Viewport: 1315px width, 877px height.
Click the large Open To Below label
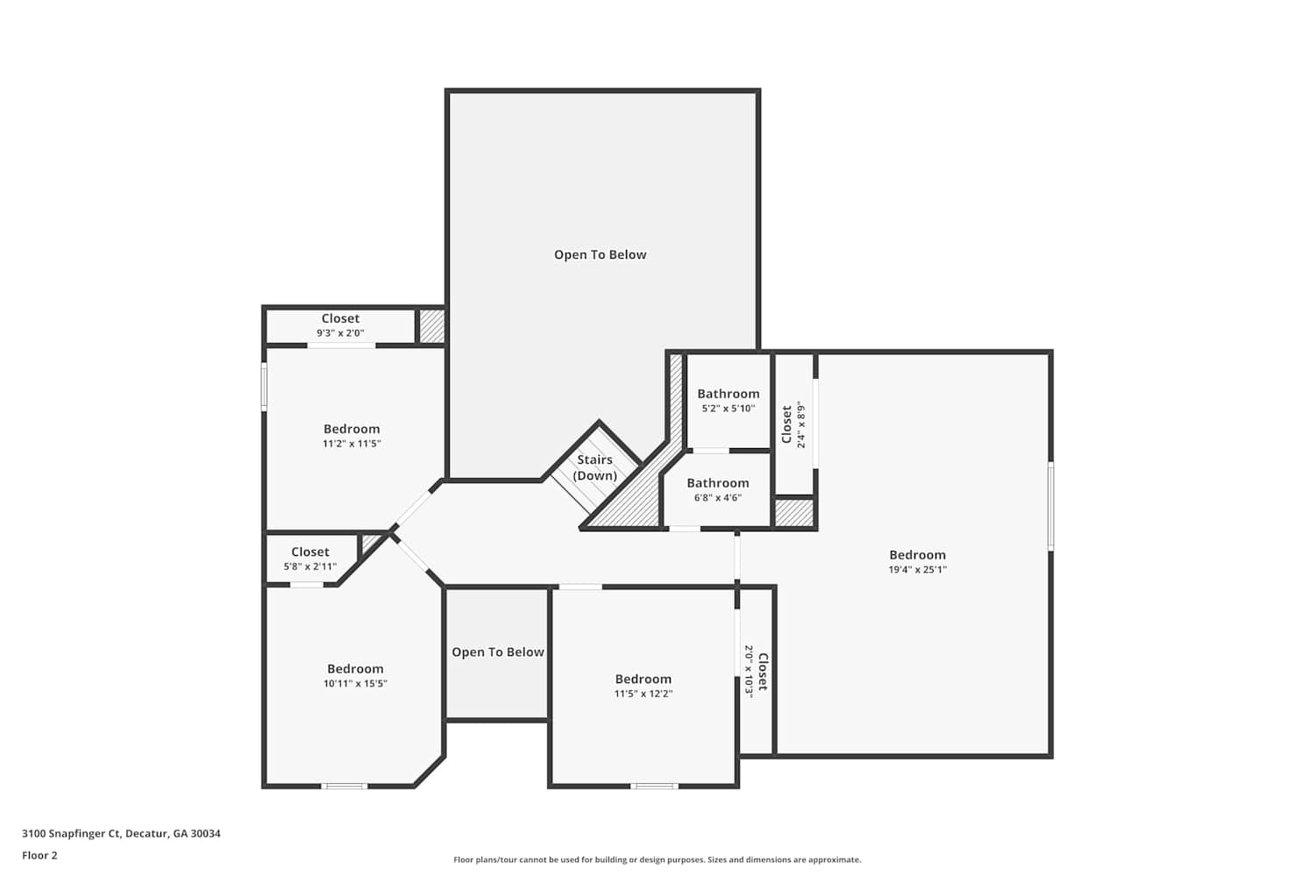coord(600,255)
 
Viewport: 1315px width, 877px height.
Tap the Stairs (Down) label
coord(594,467)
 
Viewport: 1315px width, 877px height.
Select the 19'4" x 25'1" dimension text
coord(918,569)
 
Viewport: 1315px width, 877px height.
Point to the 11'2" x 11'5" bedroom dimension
coord(352,444)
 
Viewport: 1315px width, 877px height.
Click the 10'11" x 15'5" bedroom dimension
coord(355,683)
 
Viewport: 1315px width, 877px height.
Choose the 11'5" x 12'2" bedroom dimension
coord(643,693)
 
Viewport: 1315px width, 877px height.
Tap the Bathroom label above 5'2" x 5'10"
coord(729,394)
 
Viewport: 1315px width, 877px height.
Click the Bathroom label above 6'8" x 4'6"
coord(718,483)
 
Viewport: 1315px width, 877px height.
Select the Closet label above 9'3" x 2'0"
coord(340,318)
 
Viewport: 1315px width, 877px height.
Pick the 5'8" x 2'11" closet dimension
coord(310,567)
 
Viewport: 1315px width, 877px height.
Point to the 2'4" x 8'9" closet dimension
coord(801,425)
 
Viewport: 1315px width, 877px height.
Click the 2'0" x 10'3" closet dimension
coord(749,672)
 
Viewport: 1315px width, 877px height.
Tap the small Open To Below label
coord(498,652)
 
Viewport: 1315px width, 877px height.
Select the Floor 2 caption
coord(40,855)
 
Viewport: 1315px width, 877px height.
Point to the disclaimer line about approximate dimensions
coord(657,859)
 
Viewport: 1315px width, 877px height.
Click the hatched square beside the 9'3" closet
coord(431,326)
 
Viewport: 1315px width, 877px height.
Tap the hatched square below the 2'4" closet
coord(794,513)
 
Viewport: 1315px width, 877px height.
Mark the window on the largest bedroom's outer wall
coord(1050,506)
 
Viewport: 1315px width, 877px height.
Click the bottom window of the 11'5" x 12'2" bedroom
coord(655,786)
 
